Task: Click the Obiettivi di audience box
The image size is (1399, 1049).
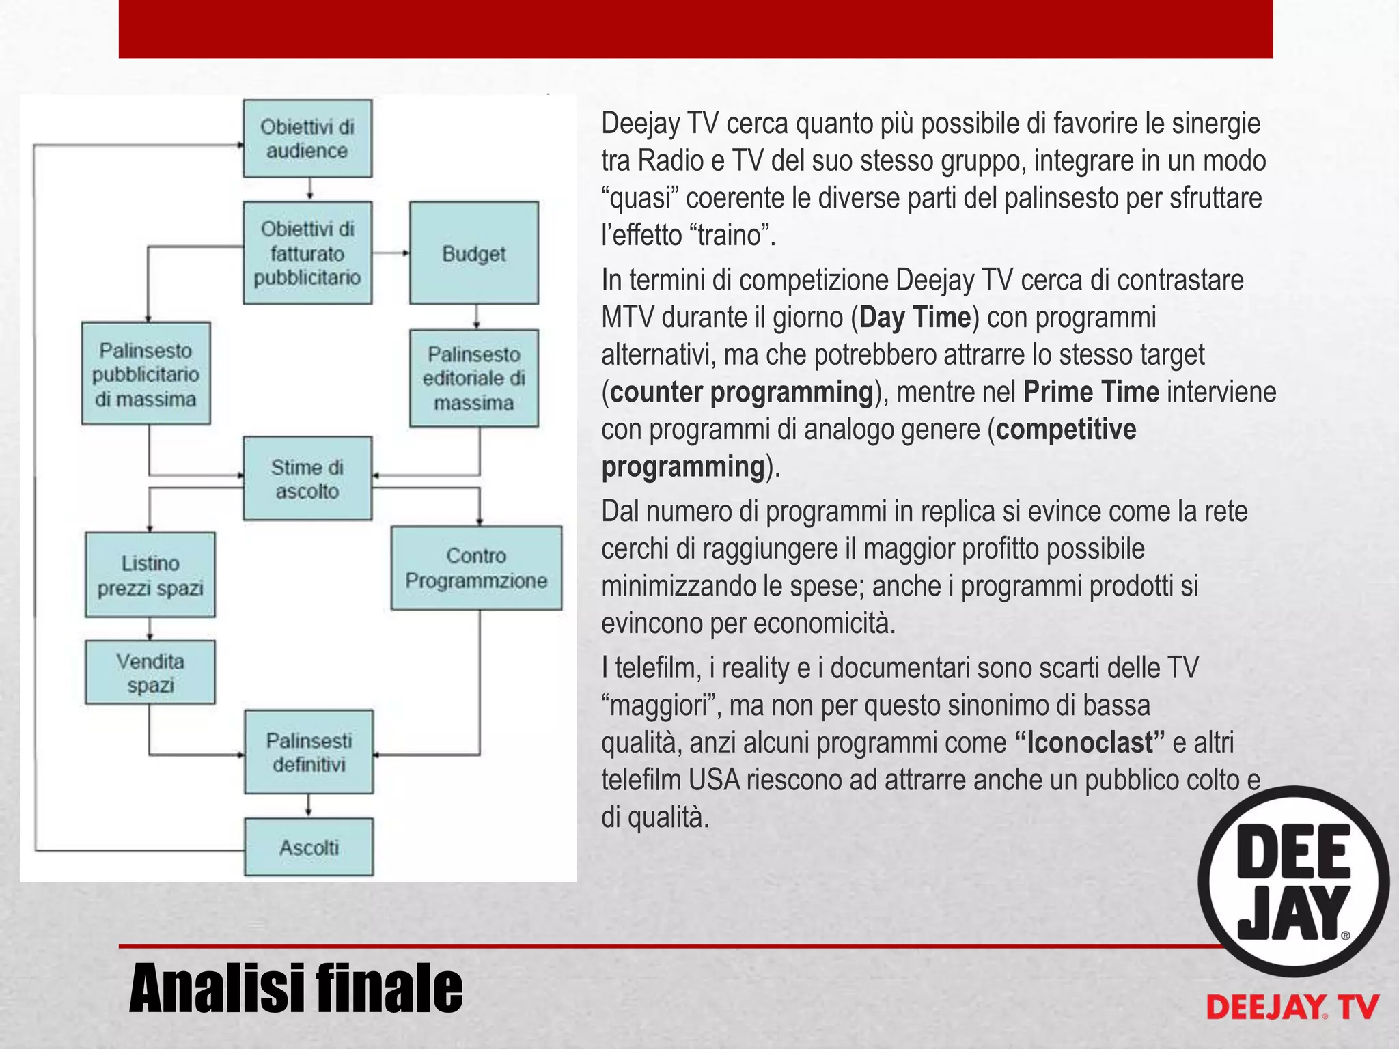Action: (307, 139)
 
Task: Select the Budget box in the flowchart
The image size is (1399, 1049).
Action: (473, 253)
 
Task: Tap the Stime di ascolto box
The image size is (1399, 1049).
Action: (307, 479)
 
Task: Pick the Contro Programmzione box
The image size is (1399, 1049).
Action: (476, 568)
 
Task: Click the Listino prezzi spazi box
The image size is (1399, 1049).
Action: (150, 575)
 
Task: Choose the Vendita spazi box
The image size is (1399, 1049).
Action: (150, 673)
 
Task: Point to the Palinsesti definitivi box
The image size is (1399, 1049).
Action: (309, 752)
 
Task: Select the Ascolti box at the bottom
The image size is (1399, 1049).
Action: (309, 847)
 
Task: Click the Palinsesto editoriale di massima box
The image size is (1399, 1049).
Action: (473, 378)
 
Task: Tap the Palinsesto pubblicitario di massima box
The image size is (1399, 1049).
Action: (146, 374)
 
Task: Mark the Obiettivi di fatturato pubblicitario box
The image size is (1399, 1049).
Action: (307, 253)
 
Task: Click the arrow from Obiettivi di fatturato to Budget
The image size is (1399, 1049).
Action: (391, 253)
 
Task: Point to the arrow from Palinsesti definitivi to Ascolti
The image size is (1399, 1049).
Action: (309, 805)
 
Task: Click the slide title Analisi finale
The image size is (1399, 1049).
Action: (295, 988)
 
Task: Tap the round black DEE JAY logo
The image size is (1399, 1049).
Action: (1293, 881)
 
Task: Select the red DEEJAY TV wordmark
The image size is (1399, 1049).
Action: (1292, 1007)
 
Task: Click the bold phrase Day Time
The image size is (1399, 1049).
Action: (915, 318)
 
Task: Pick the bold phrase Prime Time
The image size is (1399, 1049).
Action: (1091, 392)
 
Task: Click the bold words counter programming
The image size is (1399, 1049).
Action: (742, 392)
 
